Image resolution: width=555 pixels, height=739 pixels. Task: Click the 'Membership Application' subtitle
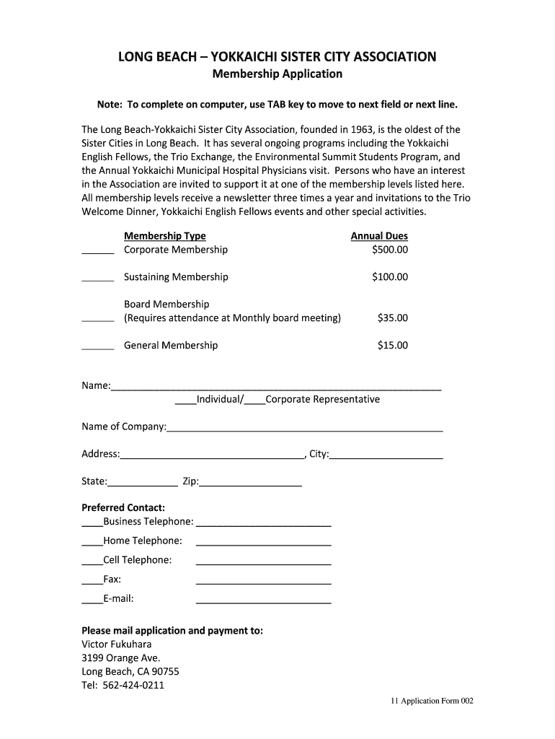pyautogui.click(x=277, y=74)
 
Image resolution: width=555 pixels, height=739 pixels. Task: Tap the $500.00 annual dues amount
pyautogui.click(x=389, y=250)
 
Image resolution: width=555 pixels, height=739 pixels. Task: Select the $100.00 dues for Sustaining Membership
pyautogui.click(x=389, y=277)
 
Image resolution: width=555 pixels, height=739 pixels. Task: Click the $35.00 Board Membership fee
pyautogui.click(x=392, y=318)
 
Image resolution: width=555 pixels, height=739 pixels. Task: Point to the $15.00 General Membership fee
pyautogui.click(x=392, y=346)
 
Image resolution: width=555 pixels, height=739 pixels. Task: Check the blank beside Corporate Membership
pyautogui.click(x=98, y=252)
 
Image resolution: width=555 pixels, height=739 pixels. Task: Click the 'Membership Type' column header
pyautogui.click(x=165, y=236)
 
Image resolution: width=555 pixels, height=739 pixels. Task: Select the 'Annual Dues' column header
pyautogui.click(x=379, y=236)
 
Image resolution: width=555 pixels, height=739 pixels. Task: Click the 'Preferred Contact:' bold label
pyautogui.click(x=123, y=507)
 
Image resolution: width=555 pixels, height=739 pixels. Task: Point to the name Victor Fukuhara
pyautogui.click(x=117, y=644)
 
